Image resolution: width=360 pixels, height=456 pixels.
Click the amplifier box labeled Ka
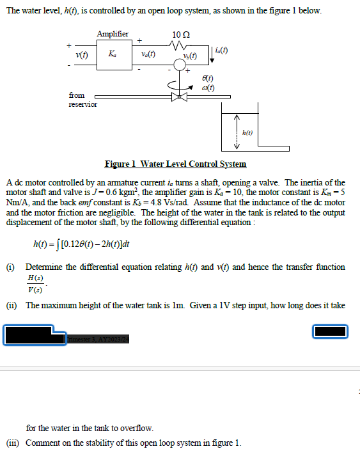pos(113,56)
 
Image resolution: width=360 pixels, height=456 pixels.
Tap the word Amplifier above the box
pos(113,34)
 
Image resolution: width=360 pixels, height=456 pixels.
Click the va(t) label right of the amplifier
pos(149,56)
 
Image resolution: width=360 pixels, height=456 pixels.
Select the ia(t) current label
pos(223,50)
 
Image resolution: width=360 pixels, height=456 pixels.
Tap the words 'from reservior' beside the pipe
pos(82,100)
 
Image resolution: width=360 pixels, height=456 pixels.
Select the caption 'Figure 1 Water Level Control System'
pos(175,164)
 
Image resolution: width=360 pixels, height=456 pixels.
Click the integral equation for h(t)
pos(82,244)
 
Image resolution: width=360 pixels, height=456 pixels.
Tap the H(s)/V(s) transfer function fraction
pos(36,283)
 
